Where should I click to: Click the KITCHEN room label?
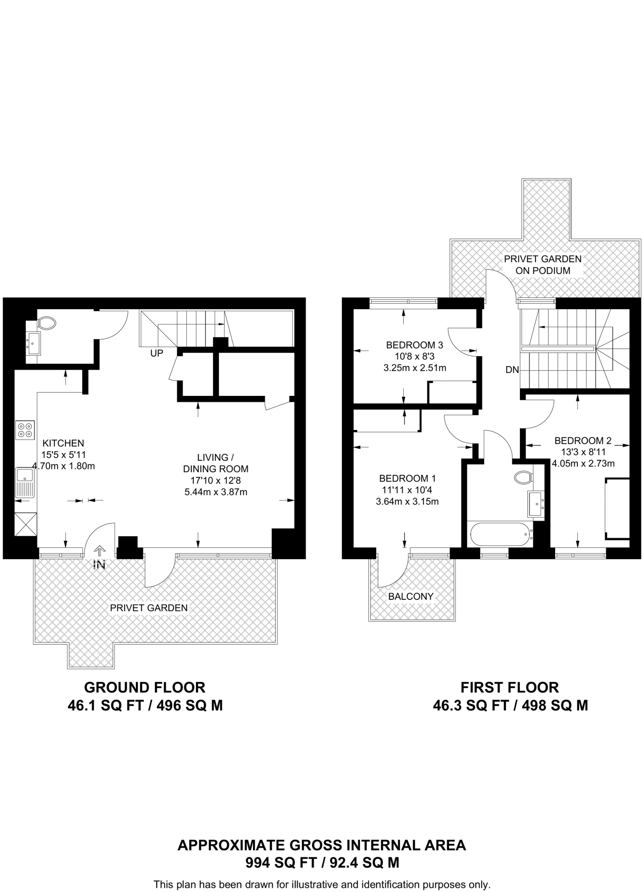click(x=63, y=443)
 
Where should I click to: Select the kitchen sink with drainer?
click(x=25, y=483)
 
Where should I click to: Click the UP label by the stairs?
click(x=157, y=354)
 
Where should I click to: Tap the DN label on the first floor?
click(x=513, y=370)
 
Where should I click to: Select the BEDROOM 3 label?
click(x=415, y=345)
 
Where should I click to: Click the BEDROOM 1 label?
click(x=408, y=478)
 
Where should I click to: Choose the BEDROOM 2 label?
click(x=583, y=440)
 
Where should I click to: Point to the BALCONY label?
click(x=411, y=596)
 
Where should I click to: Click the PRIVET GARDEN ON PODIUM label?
click(x=543, y=264)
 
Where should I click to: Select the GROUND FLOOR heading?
click(x=145, y=687)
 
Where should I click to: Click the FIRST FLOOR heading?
click(x=510, y=687)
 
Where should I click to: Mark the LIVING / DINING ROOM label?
click(x=216, y=463)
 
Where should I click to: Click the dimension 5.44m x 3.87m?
click(x=216, y=492)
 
